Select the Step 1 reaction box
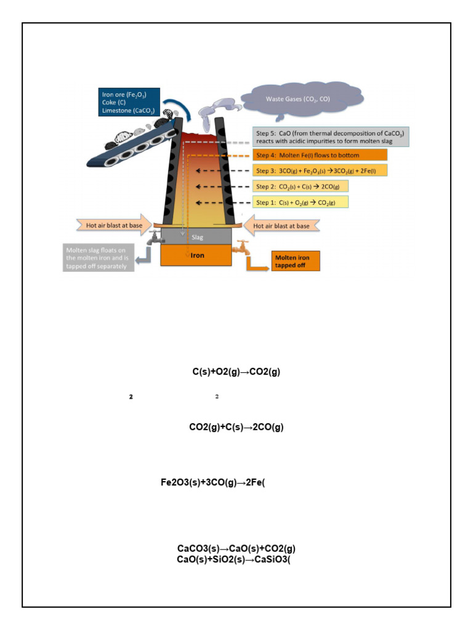[x=301, y=202]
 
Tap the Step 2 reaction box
[x=301, y=186]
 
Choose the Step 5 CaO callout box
[x=331, y=137]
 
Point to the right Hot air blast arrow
[x=281, y=226]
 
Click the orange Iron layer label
[x=196, y=255]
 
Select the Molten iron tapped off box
[x=296, y=261]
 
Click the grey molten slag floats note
[x=99, y=258]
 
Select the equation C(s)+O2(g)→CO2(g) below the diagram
[x=236, y=372]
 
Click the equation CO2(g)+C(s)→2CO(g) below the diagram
[x=236, y=427]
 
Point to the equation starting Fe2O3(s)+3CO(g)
[x=212, y=483]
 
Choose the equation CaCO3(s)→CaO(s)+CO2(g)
[x=236, y=548]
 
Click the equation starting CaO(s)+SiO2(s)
[x=233, y=559]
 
